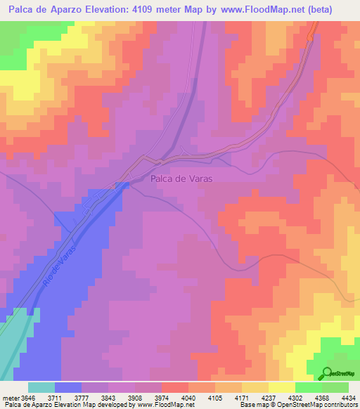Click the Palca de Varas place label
181,178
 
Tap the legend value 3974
172,397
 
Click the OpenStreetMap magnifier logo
325,373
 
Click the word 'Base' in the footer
248,405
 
